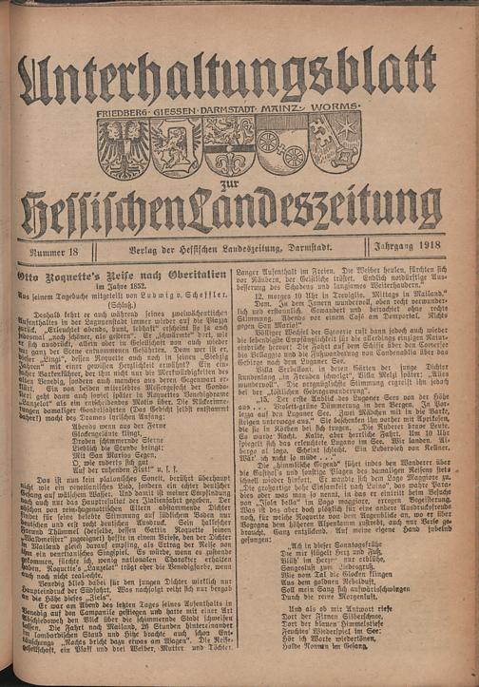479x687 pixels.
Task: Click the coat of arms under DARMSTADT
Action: [227, 147]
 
